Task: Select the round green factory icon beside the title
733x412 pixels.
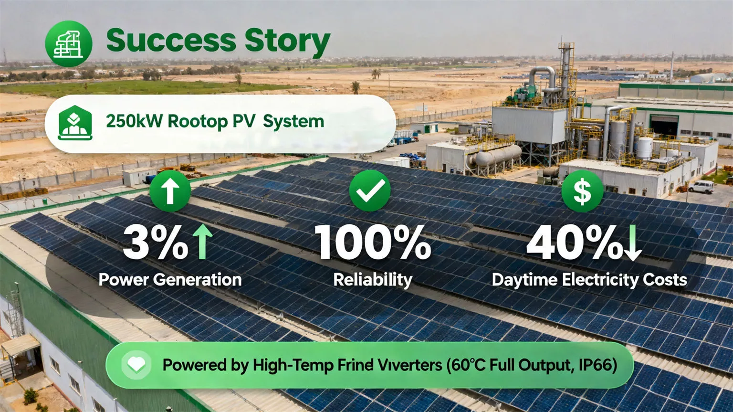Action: point(68,43)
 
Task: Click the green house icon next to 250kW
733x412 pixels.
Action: point(75,123)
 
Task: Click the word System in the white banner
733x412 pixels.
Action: point(293,121)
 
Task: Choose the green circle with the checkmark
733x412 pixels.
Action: point(370,190)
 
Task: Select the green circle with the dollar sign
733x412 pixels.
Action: point(582,191)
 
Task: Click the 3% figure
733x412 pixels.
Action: point(154,243)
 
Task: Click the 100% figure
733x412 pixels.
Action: point(372,243)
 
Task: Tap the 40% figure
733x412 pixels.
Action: point(573,243)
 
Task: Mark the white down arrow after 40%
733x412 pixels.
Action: point(632,243)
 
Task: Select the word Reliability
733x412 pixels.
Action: point(372,280)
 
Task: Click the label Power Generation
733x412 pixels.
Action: point(170,280)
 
